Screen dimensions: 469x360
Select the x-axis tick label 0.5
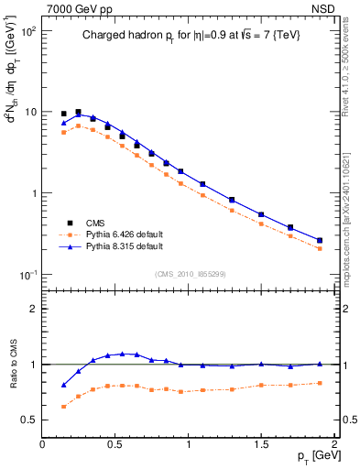click(x=115, y=444)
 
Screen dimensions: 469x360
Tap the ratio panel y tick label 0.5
click(x=28, y=420)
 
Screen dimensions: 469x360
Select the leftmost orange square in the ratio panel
click(x=63, y=406)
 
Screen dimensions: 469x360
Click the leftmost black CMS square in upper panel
click(x=63, y=114)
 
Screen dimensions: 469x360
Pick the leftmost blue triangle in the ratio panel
click(x=63, y=385)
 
